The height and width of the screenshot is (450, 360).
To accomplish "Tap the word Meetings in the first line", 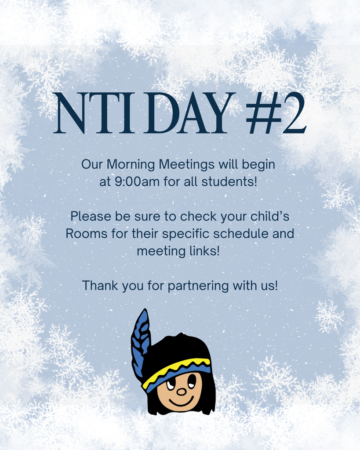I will [x=187, y=164].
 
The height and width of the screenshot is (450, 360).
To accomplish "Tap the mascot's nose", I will [x=181, y=391].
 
